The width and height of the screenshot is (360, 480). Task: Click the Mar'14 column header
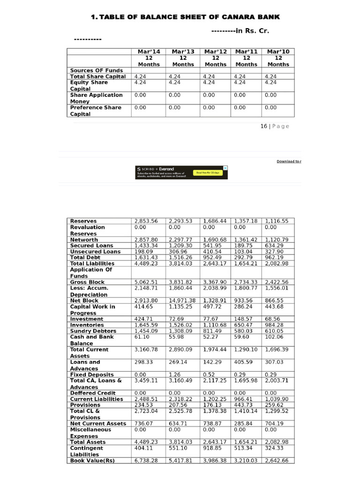[149, 51]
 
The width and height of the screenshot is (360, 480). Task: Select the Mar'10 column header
[278, 51]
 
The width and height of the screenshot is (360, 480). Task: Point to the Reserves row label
[83, 221]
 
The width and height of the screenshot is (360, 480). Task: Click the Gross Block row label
[87, 282]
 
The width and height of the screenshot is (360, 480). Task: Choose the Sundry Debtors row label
[93, 331]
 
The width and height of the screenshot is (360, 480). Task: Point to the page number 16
[264, 126]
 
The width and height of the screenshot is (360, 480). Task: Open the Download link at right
[288, 161]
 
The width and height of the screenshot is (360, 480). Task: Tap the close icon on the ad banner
[225, 168]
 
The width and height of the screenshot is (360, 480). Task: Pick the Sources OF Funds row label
[96, 70]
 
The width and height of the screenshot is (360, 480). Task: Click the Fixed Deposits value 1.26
[174, 375]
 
